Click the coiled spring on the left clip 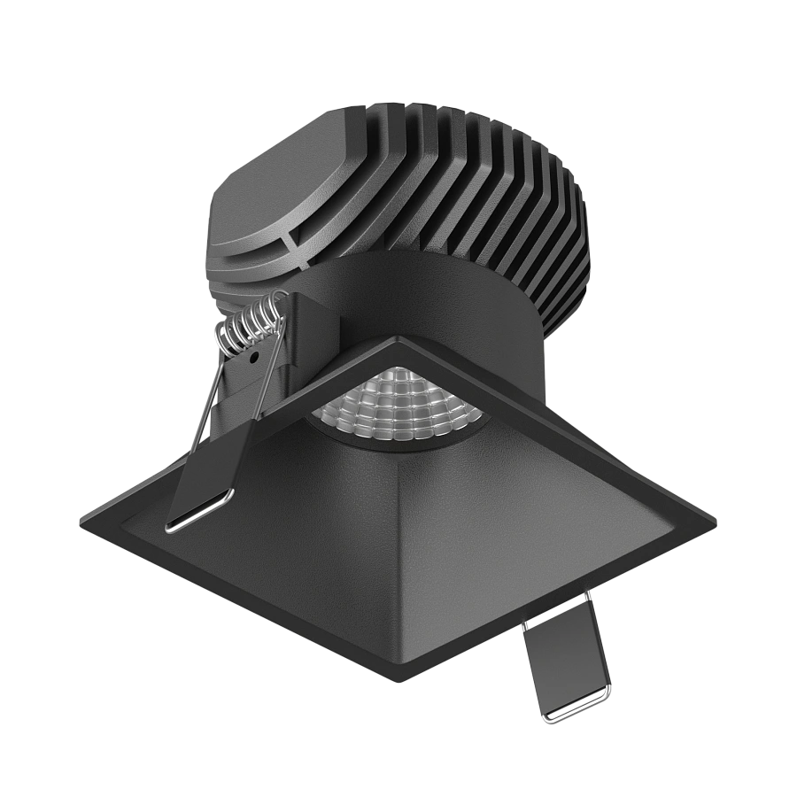point(251,322)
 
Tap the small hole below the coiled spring point(253,360)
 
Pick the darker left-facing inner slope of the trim point(292,531)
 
